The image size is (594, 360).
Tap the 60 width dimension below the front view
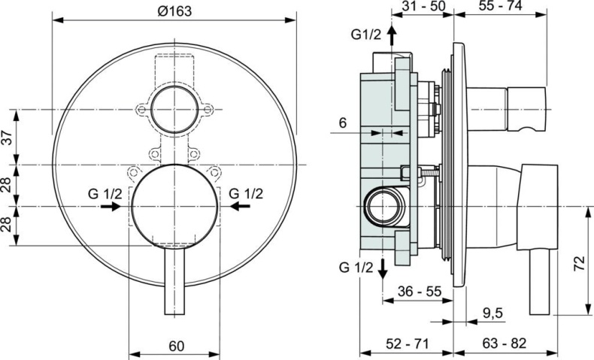176,346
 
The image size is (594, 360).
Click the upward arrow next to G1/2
391,38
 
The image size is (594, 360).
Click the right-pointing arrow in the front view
111,205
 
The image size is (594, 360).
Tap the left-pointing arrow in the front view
240,205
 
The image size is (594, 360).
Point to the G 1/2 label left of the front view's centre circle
106,192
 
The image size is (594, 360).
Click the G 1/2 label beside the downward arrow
356,267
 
